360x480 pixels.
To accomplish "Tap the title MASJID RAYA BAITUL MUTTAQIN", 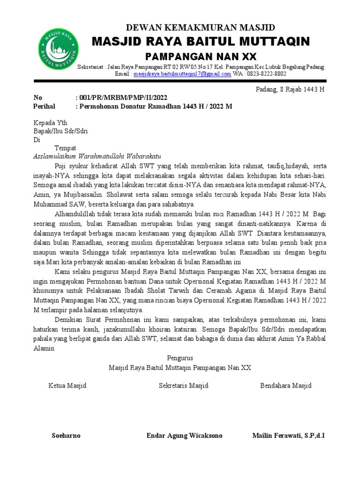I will (x=201, y=42).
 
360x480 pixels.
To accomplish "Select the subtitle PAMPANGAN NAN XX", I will (x=201, y=57).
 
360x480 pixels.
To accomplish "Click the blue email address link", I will (x=182, y=74).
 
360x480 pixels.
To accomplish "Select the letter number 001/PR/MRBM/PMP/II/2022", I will (x=123, y=97).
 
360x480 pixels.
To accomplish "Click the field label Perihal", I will (x=45, y=106).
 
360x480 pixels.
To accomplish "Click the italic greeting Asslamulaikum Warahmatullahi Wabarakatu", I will (x=97, y=157).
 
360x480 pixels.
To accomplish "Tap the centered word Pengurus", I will (x=180, y=358).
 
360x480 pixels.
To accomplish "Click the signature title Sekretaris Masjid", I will (x=184, y=386).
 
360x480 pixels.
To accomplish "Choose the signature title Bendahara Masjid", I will (x=286, y=386).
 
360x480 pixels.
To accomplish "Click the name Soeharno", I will (x=66, y=435).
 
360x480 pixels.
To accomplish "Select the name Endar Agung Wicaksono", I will (x=184, y=435).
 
